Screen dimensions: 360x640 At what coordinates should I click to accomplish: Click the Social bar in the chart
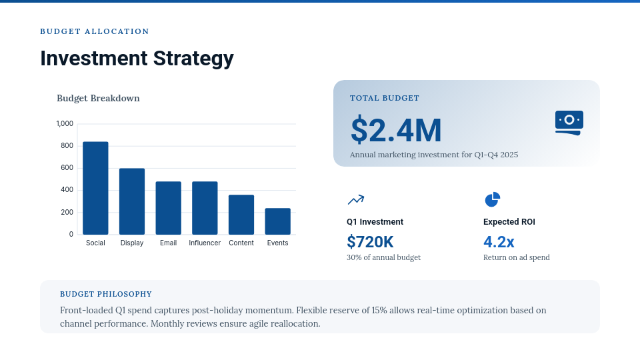tap(95, 188)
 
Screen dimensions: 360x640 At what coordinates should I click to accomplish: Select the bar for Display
tap(132, 201)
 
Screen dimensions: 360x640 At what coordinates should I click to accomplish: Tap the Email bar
tap(169, 208)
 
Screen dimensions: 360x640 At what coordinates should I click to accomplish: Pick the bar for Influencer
tap(205, 208)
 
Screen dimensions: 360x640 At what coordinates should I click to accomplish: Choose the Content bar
tap(241, 215)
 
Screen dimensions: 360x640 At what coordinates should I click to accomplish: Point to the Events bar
tap(277, 221)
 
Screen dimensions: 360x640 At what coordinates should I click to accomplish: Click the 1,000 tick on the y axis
tap(65, 123)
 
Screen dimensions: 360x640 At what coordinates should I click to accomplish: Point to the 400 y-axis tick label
tap(67, 190)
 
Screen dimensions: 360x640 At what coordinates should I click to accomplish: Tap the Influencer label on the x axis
tap(205, 243)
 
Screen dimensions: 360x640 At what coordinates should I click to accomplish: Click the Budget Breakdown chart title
tap(98, 98)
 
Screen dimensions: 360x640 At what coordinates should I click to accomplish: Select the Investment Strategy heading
tap(137, 59)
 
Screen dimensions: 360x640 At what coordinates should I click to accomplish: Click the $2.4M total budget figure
tap(396, 130)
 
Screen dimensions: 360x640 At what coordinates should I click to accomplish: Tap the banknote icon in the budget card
tap(569, 123)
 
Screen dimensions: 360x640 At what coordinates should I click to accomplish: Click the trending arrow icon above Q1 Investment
tap(355, 199)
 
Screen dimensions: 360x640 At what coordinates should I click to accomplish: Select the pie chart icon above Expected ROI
tap(492, 199)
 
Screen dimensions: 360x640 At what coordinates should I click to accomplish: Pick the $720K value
tap(370, 241)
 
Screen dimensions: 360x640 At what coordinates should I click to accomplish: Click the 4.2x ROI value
tap(499, 241)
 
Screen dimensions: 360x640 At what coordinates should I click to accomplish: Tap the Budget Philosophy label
tap(106, 294)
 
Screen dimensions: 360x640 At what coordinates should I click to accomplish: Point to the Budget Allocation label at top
tap(95, 31)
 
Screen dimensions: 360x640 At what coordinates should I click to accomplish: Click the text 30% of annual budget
tap(383, 257)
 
